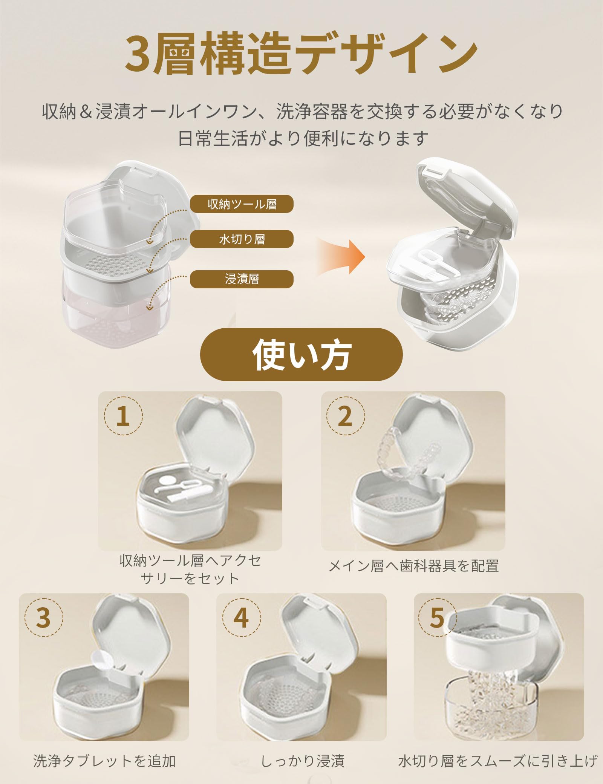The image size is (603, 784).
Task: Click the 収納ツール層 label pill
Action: point(241,204)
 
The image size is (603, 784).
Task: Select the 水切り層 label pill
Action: point(241,239)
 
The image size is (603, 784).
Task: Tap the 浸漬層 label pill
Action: point(241,279)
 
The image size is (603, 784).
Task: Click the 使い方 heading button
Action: point(301,354)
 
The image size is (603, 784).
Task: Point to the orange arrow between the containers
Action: point(341,257)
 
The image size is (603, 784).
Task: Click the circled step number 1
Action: point(123,416)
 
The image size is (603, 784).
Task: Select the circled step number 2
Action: point(345,416)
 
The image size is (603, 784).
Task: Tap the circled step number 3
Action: point(43,617)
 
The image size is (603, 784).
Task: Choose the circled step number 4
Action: point(241,617)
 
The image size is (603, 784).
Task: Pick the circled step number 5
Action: point(437,617)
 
